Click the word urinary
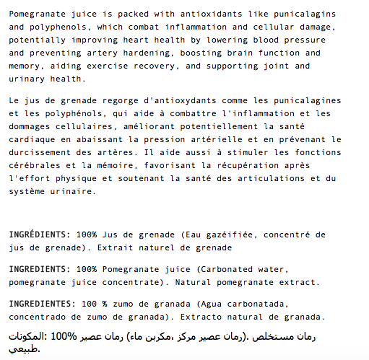(29, 79)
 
